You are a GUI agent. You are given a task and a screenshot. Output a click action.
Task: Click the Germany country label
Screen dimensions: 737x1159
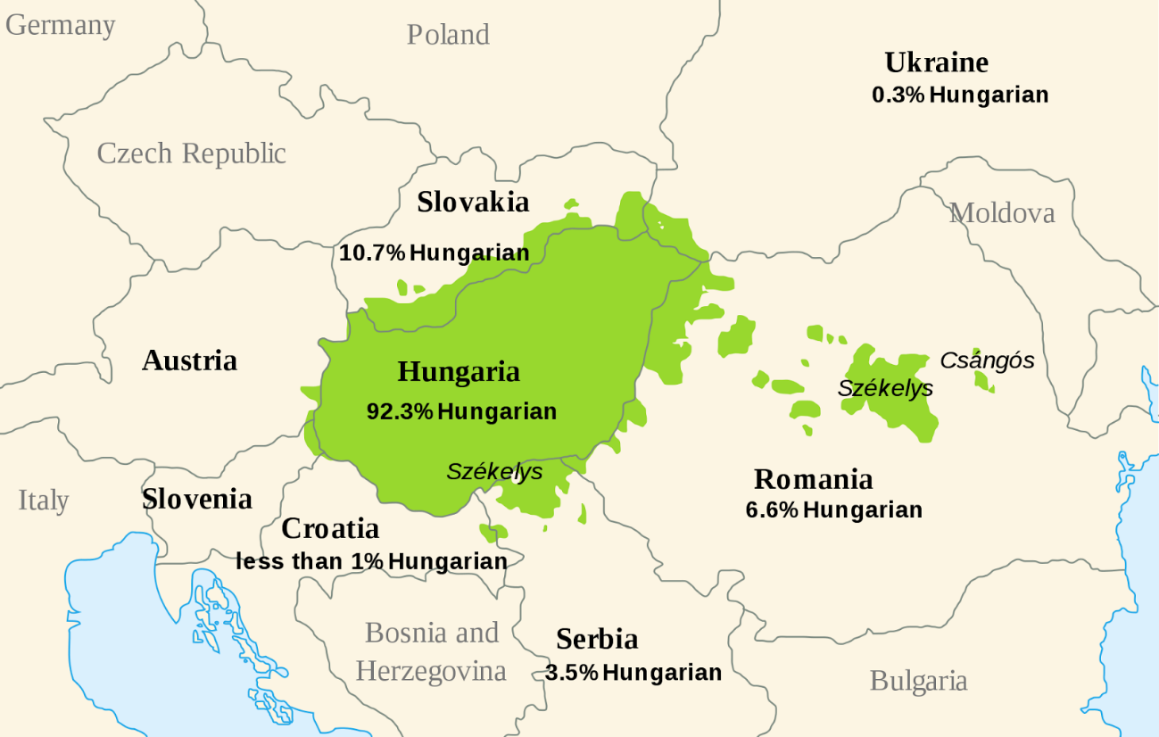pyautogui.click(x=61, y=25)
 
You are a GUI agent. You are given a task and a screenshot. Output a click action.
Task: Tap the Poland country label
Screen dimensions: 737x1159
pyautogui.click(x=448, y=35)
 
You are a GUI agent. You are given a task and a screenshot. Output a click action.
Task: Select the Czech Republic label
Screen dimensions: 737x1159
pyautogui.click(x=191, y=153)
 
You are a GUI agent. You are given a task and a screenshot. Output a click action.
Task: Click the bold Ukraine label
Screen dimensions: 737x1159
pyautogui.click(x=936, y=62)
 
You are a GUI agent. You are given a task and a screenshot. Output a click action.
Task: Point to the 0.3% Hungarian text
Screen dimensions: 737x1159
pyautogui.click(x=960, y=95)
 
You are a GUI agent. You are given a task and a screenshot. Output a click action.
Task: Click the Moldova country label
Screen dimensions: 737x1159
pyautogui.click(x=1001, y=213)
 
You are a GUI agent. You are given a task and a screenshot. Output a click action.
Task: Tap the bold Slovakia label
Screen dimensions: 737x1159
pyautogui.click(x=473, y=203)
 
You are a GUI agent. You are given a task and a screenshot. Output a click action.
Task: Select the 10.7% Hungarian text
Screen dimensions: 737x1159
pyautogui.click(x=434, y=253)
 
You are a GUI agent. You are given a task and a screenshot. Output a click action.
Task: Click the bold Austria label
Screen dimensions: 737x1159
pyautogui.click(x=189, y=360)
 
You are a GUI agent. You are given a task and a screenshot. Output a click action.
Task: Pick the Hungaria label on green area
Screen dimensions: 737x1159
pyautogui.click(x=459, y=372)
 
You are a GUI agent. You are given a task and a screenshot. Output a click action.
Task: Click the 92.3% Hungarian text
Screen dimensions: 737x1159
pyautogui.click(x=461, y=411)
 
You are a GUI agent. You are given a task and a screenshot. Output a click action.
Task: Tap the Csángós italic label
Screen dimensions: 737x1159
pyautogui.click(x=987, y=360)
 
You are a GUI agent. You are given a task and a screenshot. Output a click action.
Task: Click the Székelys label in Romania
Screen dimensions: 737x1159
pyautogui.click(x=885, y=388)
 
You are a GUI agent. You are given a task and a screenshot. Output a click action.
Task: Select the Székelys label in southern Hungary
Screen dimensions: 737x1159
pyautogui.click(x=494, y=471)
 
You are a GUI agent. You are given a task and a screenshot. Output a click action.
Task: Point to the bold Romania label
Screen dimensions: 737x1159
pyautogui.click(x=813, y=479)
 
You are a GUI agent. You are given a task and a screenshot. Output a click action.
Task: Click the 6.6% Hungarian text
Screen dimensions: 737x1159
pyautogui.click(x=833, y=510)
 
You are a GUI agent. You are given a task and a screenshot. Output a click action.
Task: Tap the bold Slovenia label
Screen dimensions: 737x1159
pyautogui.click(x=197, y=499)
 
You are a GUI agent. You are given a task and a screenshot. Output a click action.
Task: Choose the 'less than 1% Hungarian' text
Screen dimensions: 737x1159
pyautogui.click(x=371, y=561)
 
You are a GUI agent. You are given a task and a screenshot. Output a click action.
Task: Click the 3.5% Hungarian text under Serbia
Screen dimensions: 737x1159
pyautogui.click(x=633, y=673)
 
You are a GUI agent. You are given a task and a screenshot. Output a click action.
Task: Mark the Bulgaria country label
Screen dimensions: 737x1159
pyautogui.click(x=918, y=682)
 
